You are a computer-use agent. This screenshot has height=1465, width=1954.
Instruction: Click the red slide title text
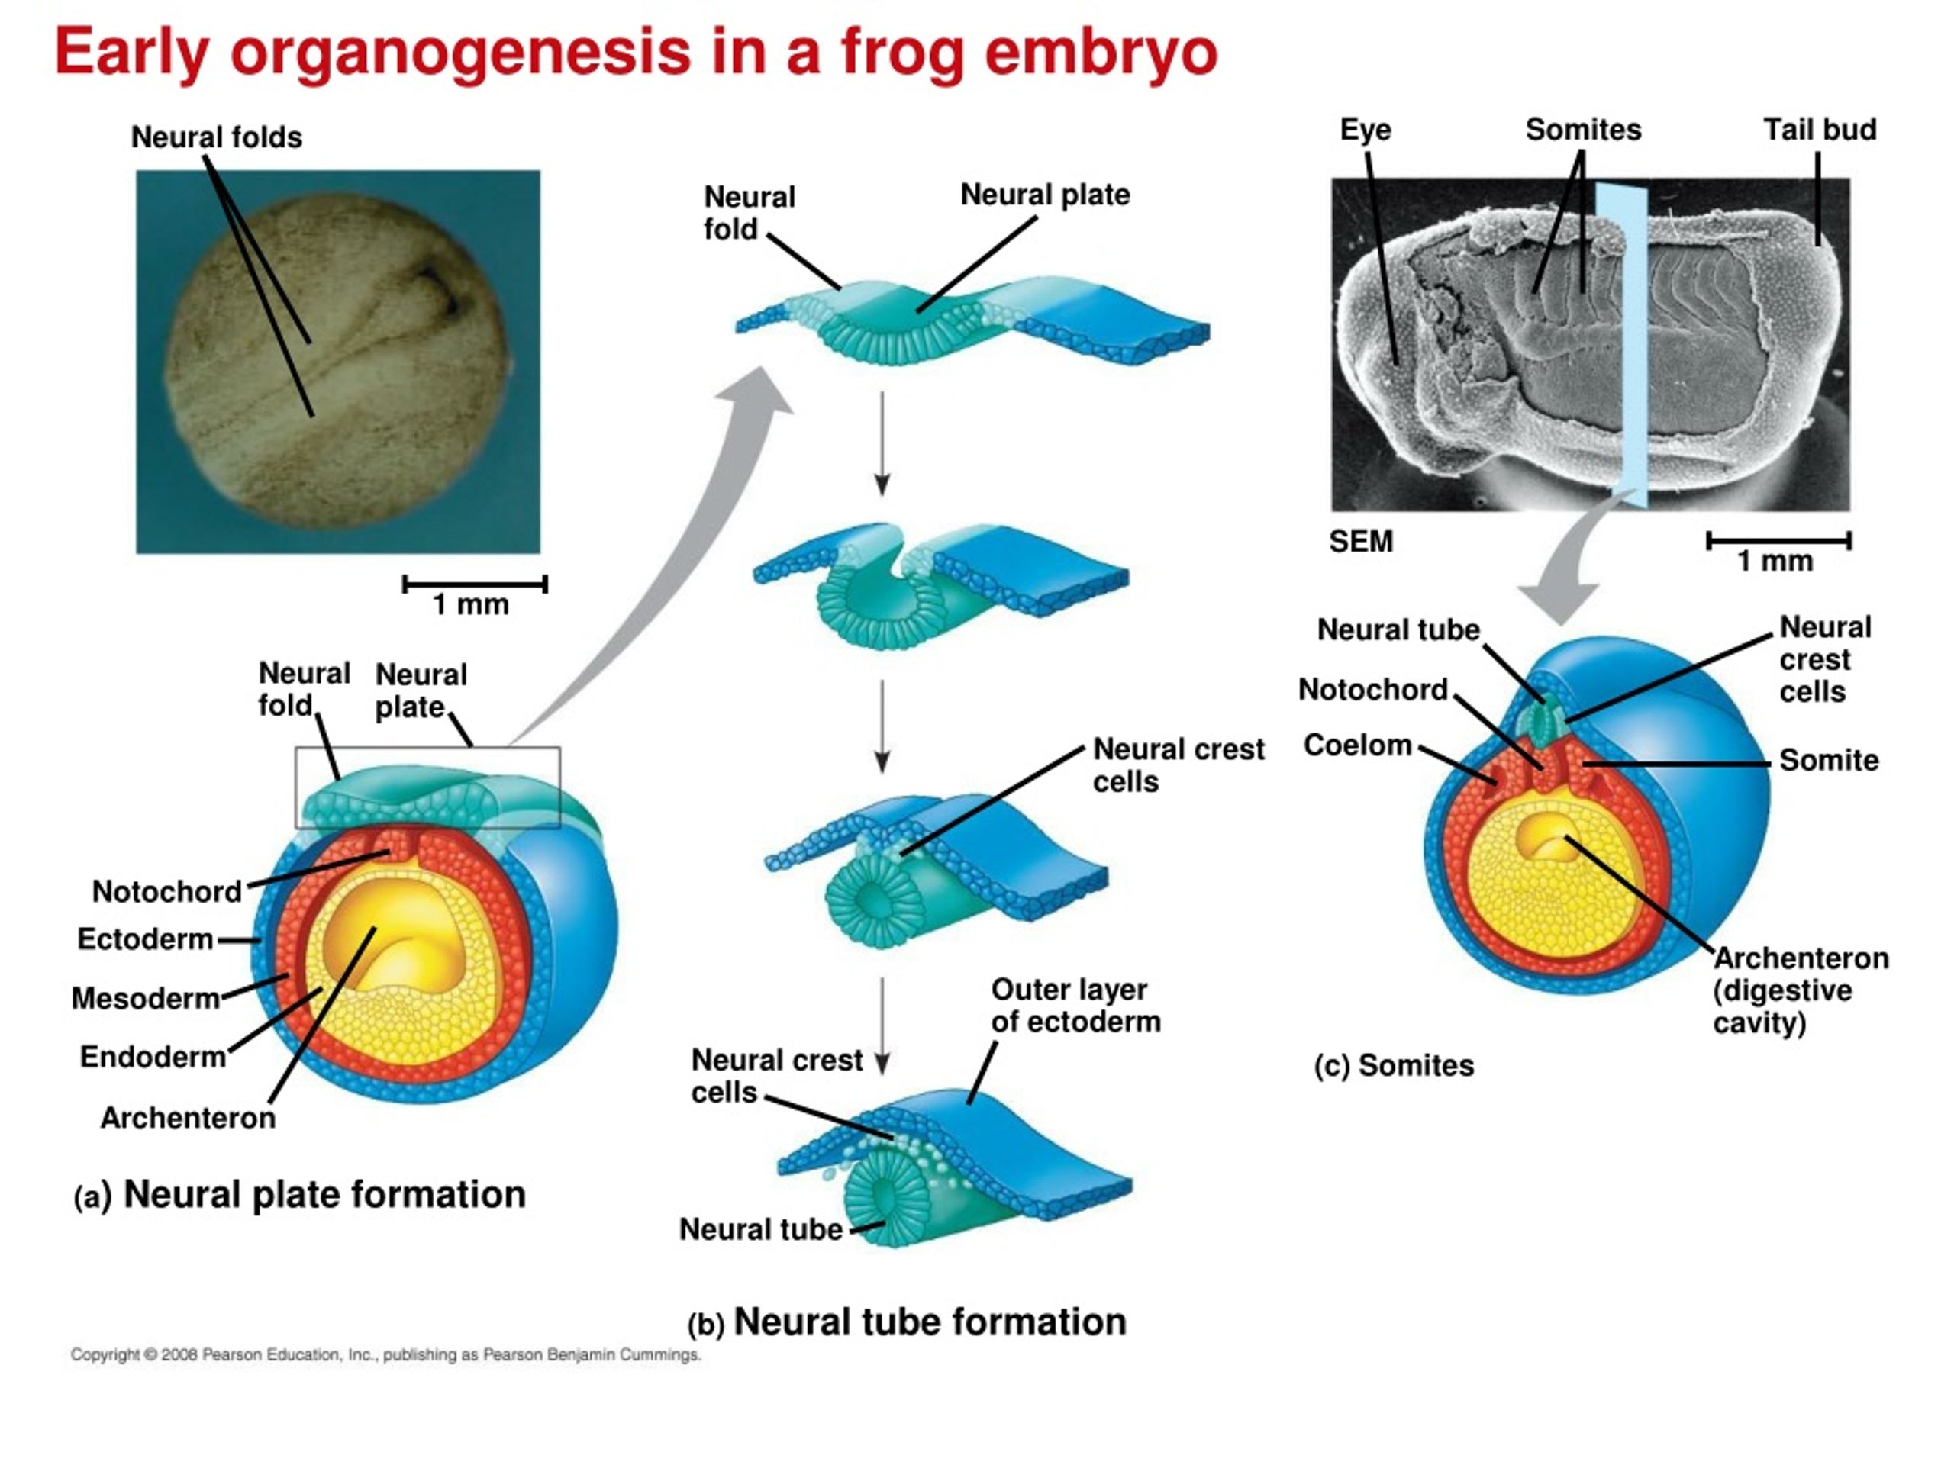click(x=636, y=53)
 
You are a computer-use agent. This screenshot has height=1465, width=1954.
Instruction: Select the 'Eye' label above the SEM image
click(x=1365, y=130)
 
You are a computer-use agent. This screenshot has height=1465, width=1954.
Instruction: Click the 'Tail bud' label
click(x=1820, y=130)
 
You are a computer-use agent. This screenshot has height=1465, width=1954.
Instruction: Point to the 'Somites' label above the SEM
click(x=1583, y=130)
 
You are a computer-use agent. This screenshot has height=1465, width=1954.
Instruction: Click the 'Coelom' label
click(x=1358, y=745)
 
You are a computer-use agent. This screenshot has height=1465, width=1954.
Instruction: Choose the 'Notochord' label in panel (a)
click(x=167, y=892)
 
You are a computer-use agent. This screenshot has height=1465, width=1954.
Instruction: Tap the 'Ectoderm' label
click(x=145, y=939)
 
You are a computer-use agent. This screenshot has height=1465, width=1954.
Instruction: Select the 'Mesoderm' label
click(x=146, y=999)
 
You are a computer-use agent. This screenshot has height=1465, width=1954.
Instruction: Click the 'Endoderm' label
click(x=153, y=1057)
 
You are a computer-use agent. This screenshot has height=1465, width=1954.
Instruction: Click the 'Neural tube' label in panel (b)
click(x=760, y=1229)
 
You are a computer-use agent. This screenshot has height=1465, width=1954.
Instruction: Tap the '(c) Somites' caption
click(x=1394, y=1066)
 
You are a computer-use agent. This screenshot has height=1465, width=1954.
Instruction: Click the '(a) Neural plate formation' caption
click(x=300, y=1195)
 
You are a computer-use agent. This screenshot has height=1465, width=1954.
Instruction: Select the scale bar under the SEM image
click(x=1779, y=540)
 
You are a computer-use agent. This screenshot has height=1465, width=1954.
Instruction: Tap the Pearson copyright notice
click(x=386, y=1354)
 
